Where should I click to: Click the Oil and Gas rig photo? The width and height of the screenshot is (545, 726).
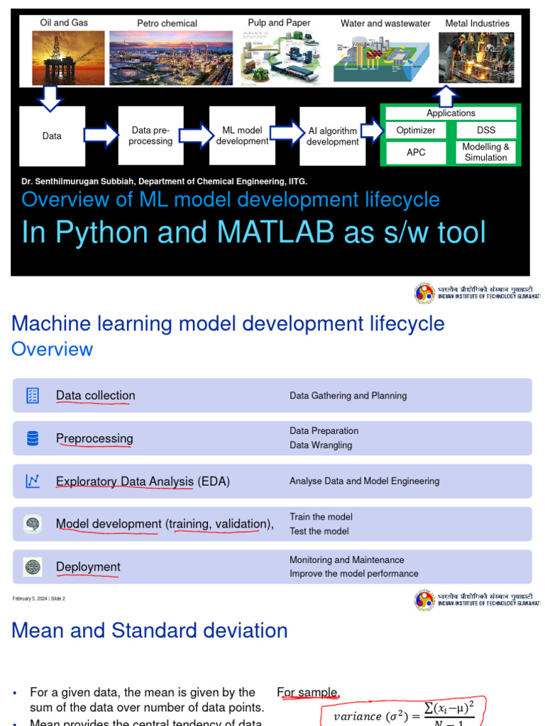63,57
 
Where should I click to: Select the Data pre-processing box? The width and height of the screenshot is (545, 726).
150,136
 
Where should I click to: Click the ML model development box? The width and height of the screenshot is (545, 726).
242,136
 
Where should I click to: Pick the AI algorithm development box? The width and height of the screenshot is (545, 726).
332,136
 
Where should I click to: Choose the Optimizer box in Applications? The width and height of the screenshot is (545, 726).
416,130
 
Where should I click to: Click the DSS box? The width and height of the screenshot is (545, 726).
486,130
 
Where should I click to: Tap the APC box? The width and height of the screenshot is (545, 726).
416,152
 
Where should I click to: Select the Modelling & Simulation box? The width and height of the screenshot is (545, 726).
486,152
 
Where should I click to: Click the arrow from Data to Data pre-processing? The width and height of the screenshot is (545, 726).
101,135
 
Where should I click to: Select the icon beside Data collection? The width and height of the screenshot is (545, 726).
33,396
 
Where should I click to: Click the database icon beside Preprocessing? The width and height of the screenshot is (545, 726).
33,439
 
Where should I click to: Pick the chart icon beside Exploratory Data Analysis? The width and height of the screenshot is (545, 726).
33,481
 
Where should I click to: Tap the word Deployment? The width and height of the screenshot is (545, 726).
88,566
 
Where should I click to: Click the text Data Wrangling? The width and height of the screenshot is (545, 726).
321,445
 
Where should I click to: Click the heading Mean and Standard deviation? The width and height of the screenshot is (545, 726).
150,630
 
